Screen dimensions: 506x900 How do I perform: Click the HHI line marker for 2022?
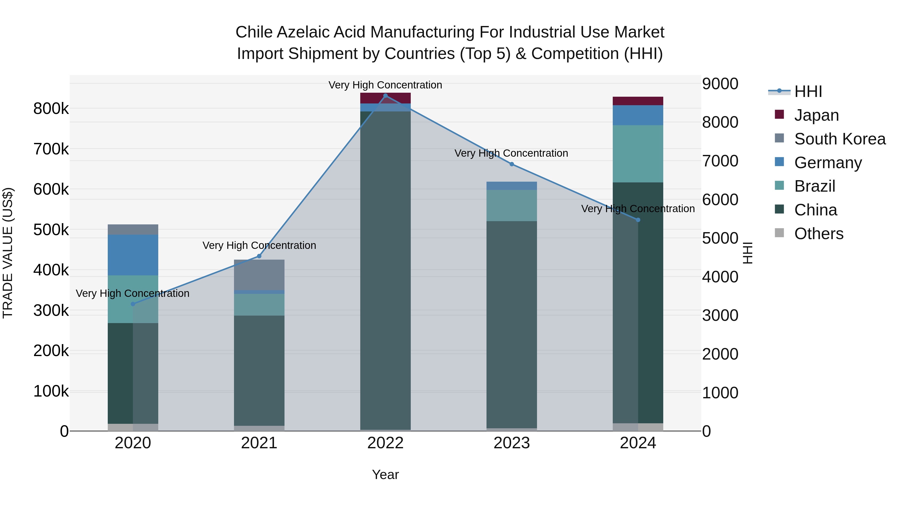(x=385, y=96)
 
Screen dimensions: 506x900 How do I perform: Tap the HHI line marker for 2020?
(x=133, y=304)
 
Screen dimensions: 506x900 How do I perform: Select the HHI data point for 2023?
(x=512, y=164)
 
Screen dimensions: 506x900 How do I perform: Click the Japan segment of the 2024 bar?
(x=638, y=101)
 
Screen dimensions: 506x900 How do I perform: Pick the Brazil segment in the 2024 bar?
(x=638, y=154)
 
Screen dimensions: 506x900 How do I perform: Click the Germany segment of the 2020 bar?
(x=133, y=255)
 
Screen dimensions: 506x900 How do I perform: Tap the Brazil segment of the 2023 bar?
(x=512, y=205)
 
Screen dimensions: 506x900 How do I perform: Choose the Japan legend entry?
(x=816, y=115)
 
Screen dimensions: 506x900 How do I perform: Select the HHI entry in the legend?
(x=808, y=91)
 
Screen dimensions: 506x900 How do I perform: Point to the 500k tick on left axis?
(x=51, y=230)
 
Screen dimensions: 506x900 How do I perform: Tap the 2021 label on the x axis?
(x=259, y=443)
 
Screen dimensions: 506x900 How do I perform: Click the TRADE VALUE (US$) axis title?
(x=8, y=253)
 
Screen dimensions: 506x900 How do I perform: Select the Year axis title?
(x=385, y=475)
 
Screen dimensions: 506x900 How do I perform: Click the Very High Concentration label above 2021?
(x=259, y=245)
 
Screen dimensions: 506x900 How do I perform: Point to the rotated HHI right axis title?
(x=747, y=253)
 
